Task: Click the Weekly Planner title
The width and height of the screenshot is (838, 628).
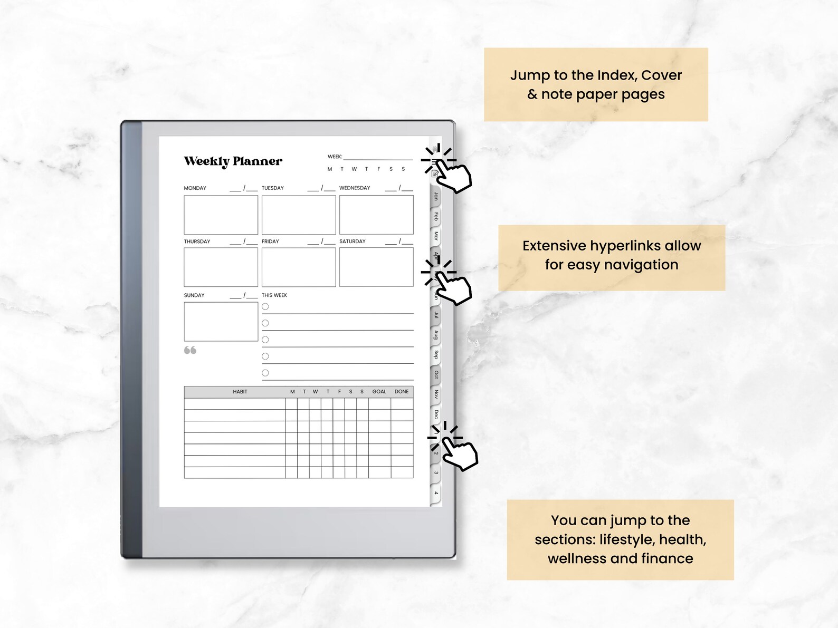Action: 233,161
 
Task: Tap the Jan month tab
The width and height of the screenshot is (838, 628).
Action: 436,196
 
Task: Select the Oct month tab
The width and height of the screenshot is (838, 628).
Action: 436,374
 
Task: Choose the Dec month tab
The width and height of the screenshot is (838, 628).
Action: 436,414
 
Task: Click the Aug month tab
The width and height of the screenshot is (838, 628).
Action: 436,335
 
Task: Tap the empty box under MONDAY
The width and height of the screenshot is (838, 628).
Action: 221,215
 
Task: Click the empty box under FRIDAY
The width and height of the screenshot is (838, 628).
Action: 298,267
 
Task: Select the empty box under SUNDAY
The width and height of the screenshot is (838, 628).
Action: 221,321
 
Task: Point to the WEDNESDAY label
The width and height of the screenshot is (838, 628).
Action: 355,188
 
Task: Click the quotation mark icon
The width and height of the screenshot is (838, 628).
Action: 190,350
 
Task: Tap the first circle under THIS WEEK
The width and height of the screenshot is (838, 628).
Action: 265,306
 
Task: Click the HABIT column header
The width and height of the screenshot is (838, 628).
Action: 240,392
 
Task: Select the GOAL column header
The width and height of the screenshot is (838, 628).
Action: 379,392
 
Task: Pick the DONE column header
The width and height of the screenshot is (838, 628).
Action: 402,392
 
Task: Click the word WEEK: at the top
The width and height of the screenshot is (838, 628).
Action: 335,157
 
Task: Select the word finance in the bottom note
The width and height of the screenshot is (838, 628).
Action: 667,558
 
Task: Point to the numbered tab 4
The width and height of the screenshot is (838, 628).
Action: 436,493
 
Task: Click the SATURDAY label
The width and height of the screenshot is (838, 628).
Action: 352,241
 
